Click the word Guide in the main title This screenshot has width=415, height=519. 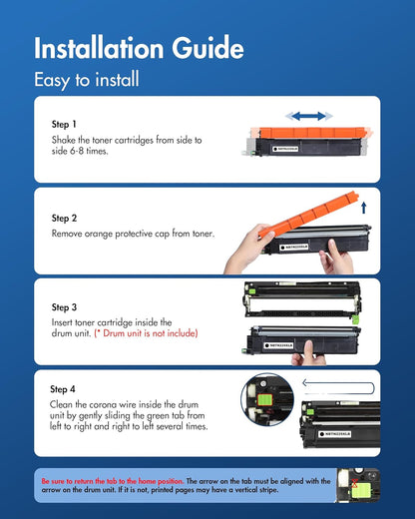(207, 48)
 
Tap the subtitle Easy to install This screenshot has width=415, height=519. (87, 80)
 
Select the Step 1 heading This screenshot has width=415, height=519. (64, 124)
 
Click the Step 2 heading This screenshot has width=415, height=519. (64, 218)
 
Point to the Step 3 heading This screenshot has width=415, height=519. (64, 307)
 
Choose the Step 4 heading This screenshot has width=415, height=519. (63, 389)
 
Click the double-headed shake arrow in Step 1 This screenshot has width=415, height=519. (309, 116)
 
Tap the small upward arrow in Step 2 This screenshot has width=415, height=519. (364, 208)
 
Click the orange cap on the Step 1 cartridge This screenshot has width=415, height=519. (311, 133)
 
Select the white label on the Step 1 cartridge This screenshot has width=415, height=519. (285, 149)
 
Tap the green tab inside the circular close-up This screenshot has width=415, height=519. (265, 399)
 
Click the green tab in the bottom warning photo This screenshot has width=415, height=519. (361, 491)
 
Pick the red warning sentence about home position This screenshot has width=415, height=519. (113, 481)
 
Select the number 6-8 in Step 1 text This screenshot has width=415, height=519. (77, 151)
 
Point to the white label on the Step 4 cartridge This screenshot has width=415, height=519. (335, 434)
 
